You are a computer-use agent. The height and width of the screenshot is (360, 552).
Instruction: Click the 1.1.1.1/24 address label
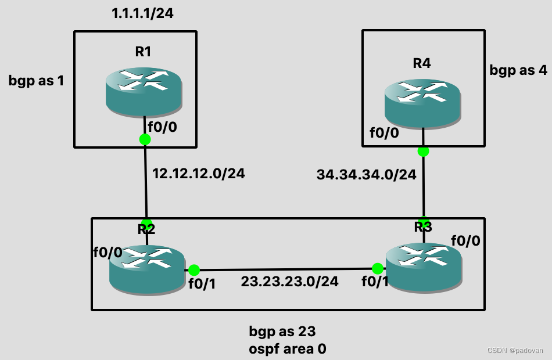point(142,13)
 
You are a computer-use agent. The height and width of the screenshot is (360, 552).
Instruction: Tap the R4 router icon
point(422,103)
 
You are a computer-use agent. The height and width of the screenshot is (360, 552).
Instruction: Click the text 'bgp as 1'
point(36,80)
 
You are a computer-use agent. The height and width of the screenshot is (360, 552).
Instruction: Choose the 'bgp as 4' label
point(518,70)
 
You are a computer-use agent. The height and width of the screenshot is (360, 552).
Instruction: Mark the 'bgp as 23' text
point(282,332)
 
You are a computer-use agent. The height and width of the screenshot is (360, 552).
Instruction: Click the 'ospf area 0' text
point(287,349)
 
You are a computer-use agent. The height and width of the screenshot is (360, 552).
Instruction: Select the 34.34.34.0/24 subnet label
point(366,174)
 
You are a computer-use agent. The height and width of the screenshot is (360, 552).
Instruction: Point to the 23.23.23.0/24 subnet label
point(290,282)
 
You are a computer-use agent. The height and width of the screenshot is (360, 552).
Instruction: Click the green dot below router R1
point(145,139)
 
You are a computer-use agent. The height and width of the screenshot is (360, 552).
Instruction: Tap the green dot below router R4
point(423,151)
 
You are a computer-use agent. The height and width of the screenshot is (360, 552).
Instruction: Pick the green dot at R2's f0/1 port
point(194,270)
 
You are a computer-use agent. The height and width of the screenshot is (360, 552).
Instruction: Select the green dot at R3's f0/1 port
point(378,268)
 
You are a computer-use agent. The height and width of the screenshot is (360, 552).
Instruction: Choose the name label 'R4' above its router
point(421,63)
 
